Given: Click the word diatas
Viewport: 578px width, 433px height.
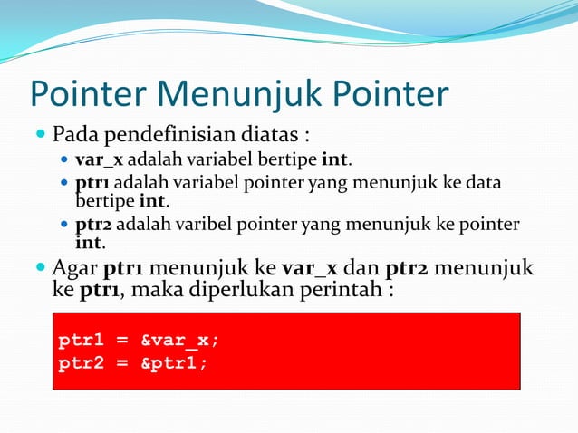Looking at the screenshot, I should tap(273, 136).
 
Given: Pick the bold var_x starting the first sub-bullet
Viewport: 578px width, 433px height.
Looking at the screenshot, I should tap(100, 161).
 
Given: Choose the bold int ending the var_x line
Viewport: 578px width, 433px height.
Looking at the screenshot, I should tap(334, 161).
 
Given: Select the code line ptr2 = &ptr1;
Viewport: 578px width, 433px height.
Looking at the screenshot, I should tap(132, 363).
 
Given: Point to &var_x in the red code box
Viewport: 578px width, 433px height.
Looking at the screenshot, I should tap(179, 341).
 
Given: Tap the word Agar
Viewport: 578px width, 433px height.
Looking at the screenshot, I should tap(75, 268).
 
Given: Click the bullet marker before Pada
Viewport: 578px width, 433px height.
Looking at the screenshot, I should tap(40, 136).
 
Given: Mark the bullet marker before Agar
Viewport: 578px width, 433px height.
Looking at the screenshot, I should tap(40, 268).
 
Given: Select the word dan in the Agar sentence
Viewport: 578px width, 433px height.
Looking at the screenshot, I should tap(362, 268).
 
